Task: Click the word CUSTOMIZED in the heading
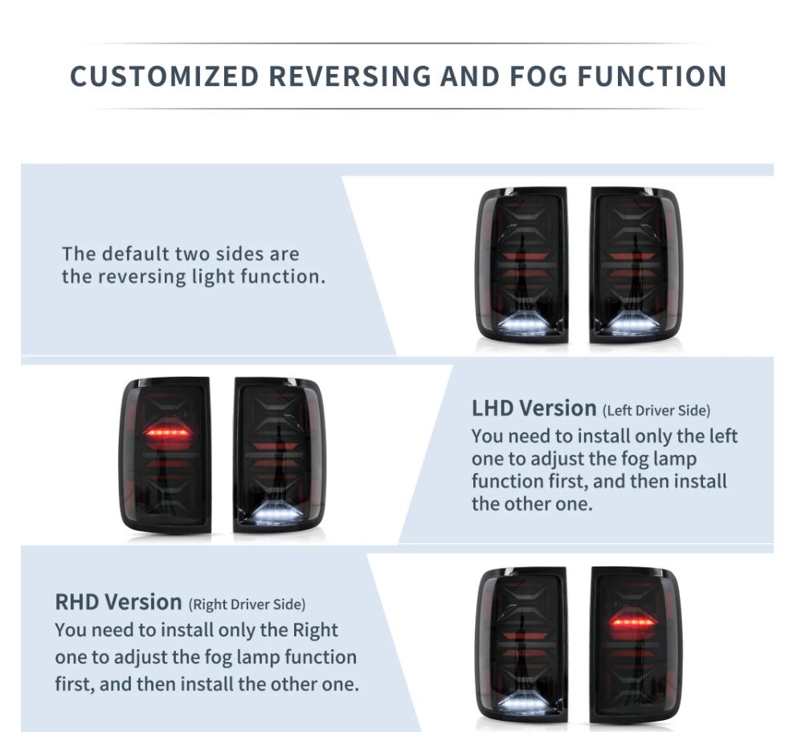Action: click(164, 76)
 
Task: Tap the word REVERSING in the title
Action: click(350, 76)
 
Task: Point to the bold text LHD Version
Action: click(534, 408)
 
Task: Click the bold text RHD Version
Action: click(118, 602)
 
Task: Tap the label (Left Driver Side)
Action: click(656, 411)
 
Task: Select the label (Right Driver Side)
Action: click(247, 604)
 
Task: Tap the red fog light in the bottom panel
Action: click(633, 622)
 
